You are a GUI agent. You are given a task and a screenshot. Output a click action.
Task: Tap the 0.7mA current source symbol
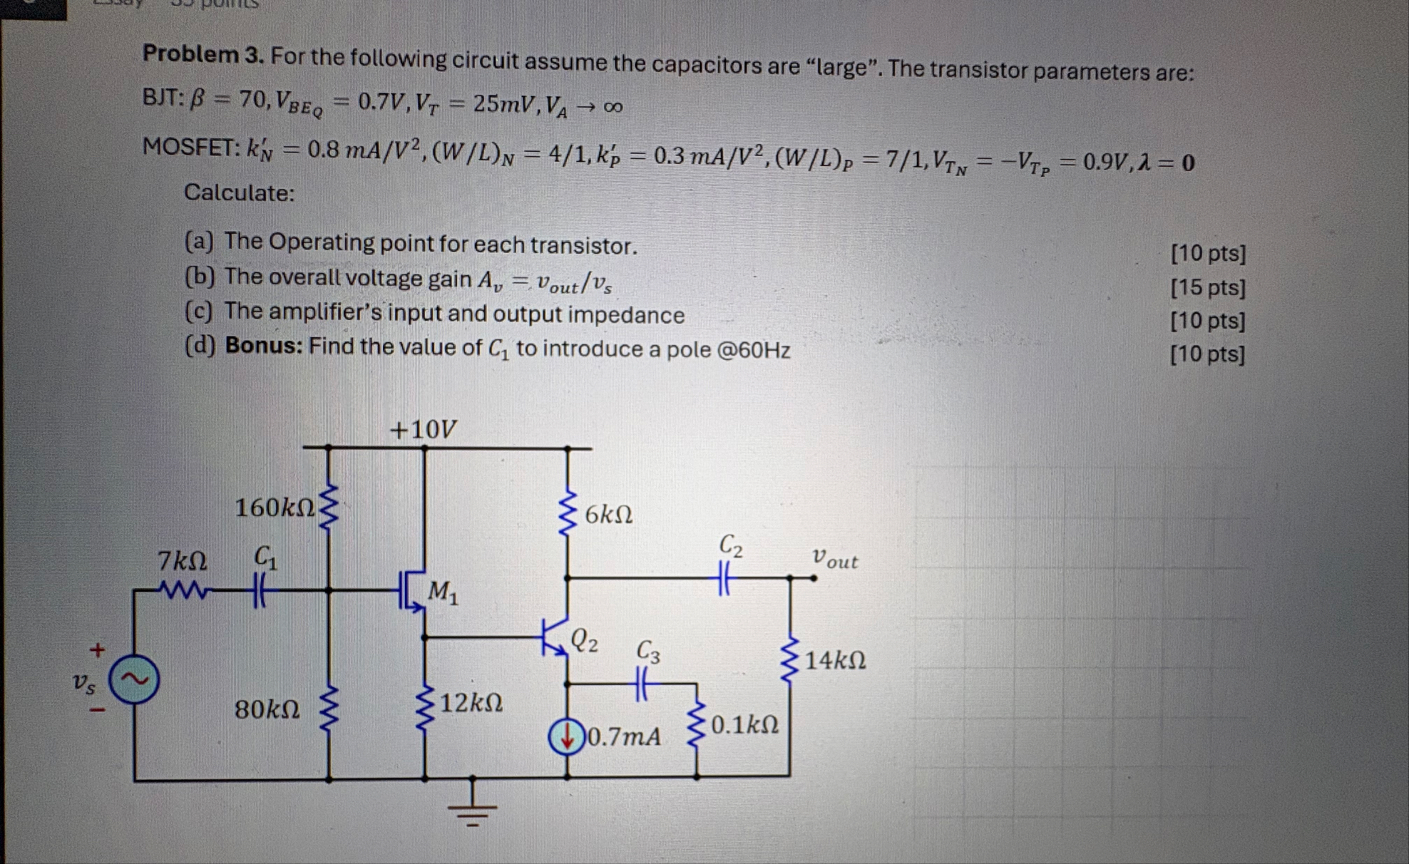pyautogui.click(x=567, y=737)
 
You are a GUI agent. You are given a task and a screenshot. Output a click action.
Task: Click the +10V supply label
pyautogui.click(x=423, y=429)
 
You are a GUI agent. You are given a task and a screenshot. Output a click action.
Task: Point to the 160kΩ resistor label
pyautogui.click(x=275, y=508)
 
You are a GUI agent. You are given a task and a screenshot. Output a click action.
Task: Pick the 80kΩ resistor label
pyautogui.click(x=267, y=709)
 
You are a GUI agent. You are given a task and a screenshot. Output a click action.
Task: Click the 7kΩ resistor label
pyautogui.click(x=183, y=561)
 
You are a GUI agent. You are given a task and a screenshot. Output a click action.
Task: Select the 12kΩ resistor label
pyautogui.click(x=471, y=703)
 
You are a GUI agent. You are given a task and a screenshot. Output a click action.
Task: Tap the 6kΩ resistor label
pyautogui.click(x=608, y=514)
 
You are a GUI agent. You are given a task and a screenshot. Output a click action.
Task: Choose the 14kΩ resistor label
pyautogui.click(x=835, y=660)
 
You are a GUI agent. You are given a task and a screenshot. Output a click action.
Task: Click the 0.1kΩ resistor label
pyautogui.click(x=744, y=725)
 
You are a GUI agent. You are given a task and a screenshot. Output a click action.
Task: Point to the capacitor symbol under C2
pyautogui.click(x=724, y=577)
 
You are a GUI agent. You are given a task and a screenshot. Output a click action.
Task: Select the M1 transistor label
pyautogui.click(x=443, y=592)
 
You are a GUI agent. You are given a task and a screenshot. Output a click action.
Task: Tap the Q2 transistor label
pyautogui.click(x=585, y=641)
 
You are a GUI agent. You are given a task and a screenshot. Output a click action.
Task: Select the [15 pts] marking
pyautogui.click(x=1208, y=287)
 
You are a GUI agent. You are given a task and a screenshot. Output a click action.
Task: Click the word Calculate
pyautogui.click(x=239, y=192)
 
